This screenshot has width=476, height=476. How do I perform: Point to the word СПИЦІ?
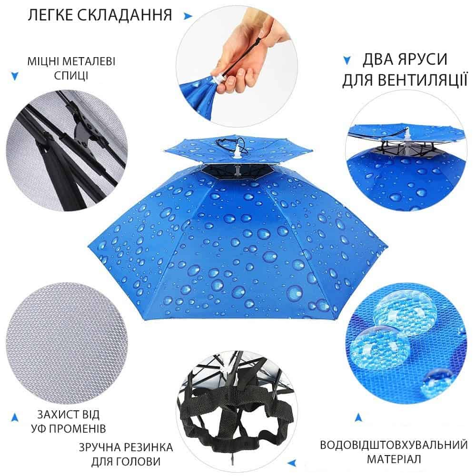pyautogui.click(x=71, y=75)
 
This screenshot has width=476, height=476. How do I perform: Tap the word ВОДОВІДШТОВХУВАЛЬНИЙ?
pyautogui.click(x=394, y=445)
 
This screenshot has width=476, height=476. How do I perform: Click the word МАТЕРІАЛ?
pyautogui.click(x=394, y=459)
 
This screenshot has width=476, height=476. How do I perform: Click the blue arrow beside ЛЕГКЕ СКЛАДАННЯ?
pyautogui.click(x=188, y=16)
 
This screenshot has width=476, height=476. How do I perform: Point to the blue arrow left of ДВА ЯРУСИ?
pyautogui.click(x=347, y=60)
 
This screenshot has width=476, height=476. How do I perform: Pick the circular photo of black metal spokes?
pyautogui.click(x=67, y=150)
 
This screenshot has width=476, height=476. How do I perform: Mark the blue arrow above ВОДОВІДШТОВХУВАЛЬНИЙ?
pyautogui.click(x=358, y=417)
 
